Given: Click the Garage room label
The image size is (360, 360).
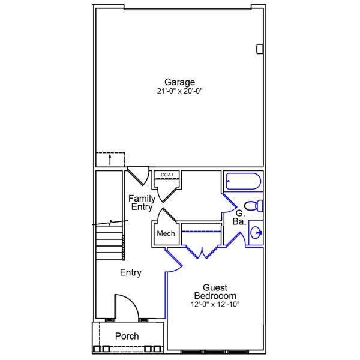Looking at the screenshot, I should (x=180, y=82).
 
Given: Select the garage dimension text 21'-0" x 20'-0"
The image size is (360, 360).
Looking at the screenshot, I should (x=180, y=92).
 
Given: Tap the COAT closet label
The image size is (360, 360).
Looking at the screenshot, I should (x=167, y=175).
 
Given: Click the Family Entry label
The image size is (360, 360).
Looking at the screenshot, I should (x=142, y=203).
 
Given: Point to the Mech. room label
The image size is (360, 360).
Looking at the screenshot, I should (x=166, y=234).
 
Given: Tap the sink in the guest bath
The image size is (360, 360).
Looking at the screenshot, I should (x=256, y=233).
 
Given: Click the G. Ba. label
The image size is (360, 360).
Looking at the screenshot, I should (x=239, y=217).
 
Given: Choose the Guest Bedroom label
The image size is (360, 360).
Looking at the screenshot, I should (x=215, y=292).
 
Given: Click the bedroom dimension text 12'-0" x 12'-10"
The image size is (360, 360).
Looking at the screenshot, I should (x=215, y=304).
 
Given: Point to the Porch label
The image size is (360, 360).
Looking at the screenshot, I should (x=127, y=337).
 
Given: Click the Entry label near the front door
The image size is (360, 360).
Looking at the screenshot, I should (x=130, y=273).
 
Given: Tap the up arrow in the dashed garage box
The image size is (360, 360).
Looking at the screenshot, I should (x=110, y=160).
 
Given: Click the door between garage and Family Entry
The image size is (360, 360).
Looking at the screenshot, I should (x=138, y=175).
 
